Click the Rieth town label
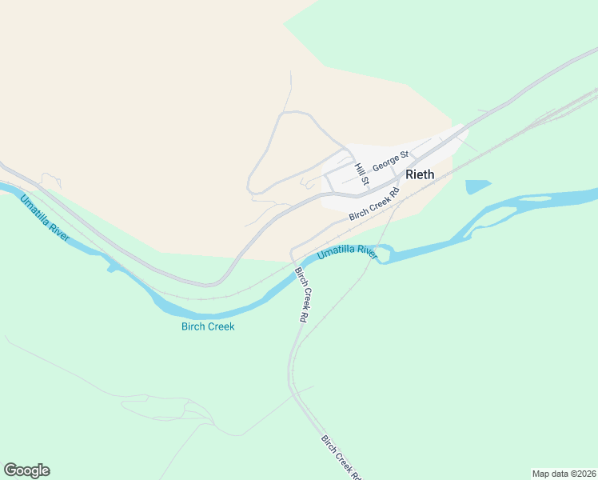[420, 174]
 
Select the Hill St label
[361, 175]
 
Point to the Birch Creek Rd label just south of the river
[302, 294]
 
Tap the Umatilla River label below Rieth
[346, 254]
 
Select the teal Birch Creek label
[208, 326]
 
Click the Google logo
[26, 470]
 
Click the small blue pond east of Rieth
[477, 186]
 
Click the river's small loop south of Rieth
[384, 254]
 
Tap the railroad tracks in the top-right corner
[564, 108]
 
